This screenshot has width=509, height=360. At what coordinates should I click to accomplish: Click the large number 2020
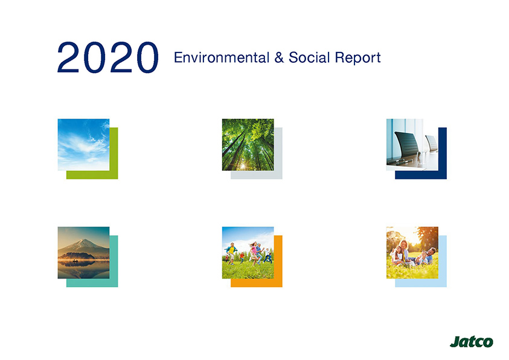107,57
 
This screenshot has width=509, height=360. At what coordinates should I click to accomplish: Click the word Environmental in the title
222,57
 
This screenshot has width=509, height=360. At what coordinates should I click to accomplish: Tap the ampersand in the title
279,57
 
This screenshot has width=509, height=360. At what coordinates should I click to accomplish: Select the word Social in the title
309,57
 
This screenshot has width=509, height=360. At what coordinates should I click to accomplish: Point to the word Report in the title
357,59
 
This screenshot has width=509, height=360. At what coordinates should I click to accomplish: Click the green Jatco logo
472,342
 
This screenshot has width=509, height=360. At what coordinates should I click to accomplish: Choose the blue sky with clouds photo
83,145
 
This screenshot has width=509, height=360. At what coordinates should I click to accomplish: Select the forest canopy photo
248,145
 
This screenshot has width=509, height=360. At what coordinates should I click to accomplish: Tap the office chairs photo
412,145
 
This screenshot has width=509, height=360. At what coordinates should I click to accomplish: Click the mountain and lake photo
83,252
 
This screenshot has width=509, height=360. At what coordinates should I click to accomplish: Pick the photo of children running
248,252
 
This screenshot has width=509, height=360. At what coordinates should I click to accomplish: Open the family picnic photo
412,252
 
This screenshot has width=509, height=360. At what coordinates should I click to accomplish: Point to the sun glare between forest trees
243,166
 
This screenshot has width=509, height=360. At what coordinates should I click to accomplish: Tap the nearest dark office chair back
407,144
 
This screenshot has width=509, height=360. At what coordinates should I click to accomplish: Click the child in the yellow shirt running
231,253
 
